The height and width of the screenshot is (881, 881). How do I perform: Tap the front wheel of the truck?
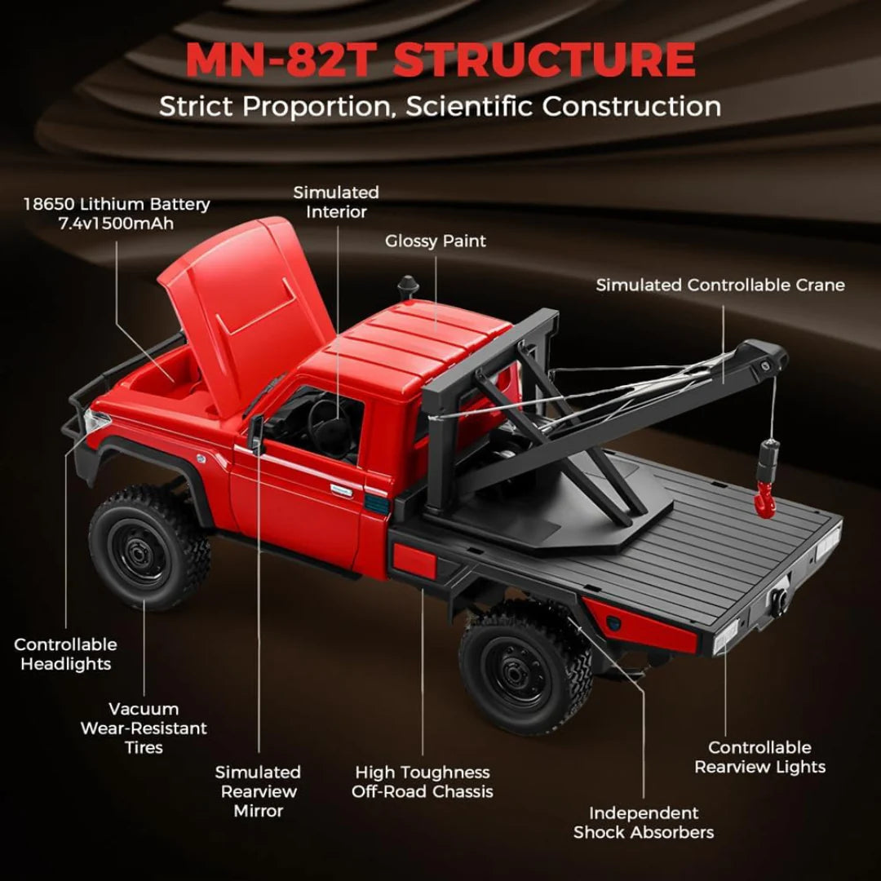tap(149, 550)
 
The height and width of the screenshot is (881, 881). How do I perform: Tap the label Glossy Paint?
tap(435, 241)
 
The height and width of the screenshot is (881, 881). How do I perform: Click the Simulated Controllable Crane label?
tap(720, 286)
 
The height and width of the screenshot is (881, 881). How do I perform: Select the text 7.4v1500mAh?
tap(117, 224)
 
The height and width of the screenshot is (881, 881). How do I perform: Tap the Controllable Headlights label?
tap(65, 654)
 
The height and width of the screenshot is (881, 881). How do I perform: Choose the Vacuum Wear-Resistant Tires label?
tap(144, 728)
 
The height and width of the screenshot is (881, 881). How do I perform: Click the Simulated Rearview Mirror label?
tap(258, 790)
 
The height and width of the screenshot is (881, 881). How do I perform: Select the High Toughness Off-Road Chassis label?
tap(422, 781)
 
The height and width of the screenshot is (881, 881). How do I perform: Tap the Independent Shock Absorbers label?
tap(643, 822)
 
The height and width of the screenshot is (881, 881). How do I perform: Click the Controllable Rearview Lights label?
tap(759, 757)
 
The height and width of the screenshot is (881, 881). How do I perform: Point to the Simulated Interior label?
tap(336, 201)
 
